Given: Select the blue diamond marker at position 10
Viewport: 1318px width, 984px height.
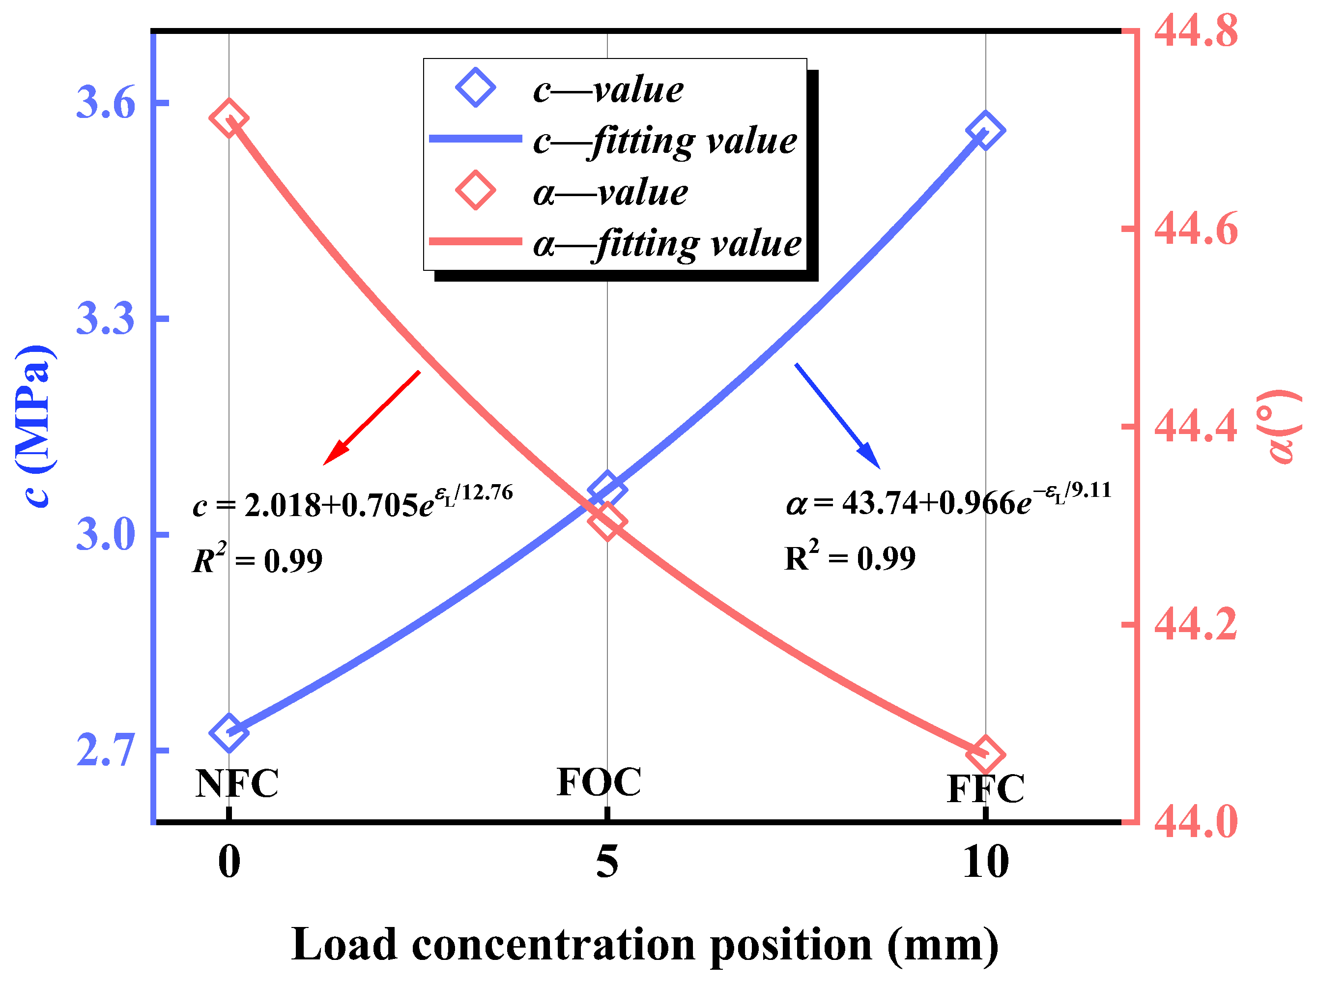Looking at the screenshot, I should point(985,130).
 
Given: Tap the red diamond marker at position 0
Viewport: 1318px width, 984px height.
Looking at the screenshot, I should point(229,118).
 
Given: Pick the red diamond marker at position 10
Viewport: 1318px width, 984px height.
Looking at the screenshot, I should point(985,754).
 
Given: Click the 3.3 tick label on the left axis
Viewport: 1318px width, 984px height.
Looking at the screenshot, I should point(106,318).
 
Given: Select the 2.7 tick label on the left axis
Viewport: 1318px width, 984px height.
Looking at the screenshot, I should point(106,751).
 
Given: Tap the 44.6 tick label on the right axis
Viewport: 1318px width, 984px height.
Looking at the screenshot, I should point(1195,229).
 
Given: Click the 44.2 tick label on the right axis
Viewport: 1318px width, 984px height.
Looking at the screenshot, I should point(1195,624).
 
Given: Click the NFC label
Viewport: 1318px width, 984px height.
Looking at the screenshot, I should point(237,783).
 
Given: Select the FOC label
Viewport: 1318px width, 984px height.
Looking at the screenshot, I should point(599,782).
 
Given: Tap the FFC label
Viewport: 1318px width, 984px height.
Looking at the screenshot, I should point(986,789).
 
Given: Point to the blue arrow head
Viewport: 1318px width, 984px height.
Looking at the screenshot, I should point(872,459).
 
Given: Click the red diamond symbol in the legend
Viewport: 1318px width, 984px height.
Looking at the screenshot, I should point(475,191).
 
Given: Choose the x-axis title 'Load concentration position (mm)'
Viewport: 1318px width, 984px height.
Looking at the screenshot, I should point(645,945).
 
